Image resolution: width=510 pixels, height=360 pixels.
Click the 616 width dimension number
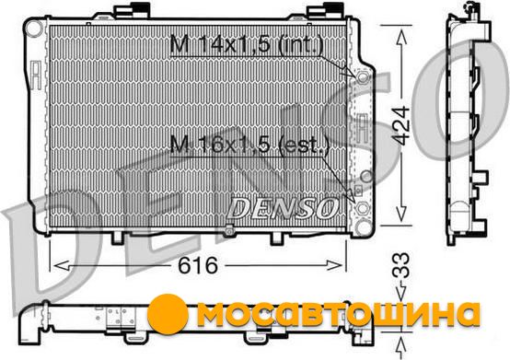pyautogui.click(x=197, y=265)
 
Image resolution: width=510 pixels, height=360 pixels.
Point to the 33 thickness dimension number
pyautogui.click(x=400, y=265)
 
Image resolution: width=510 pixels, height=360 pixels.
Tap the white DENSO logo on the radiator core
pyautogui.click(x=283, y=208)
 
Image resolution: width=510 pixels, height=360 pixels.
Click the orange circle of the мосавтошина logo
pyautogui.click(x=168, y=313)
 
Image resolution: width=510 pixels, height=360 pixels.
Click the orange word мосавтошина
pyautogui.click(x=338, y=314)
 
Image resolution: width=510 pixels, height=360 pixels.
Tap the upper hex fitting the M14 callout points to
pyautogui.click(x=363, y=77)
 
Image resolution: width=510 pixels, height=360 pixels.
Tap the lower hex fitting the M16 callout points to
pyautogui.click(x=363, y=208)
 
